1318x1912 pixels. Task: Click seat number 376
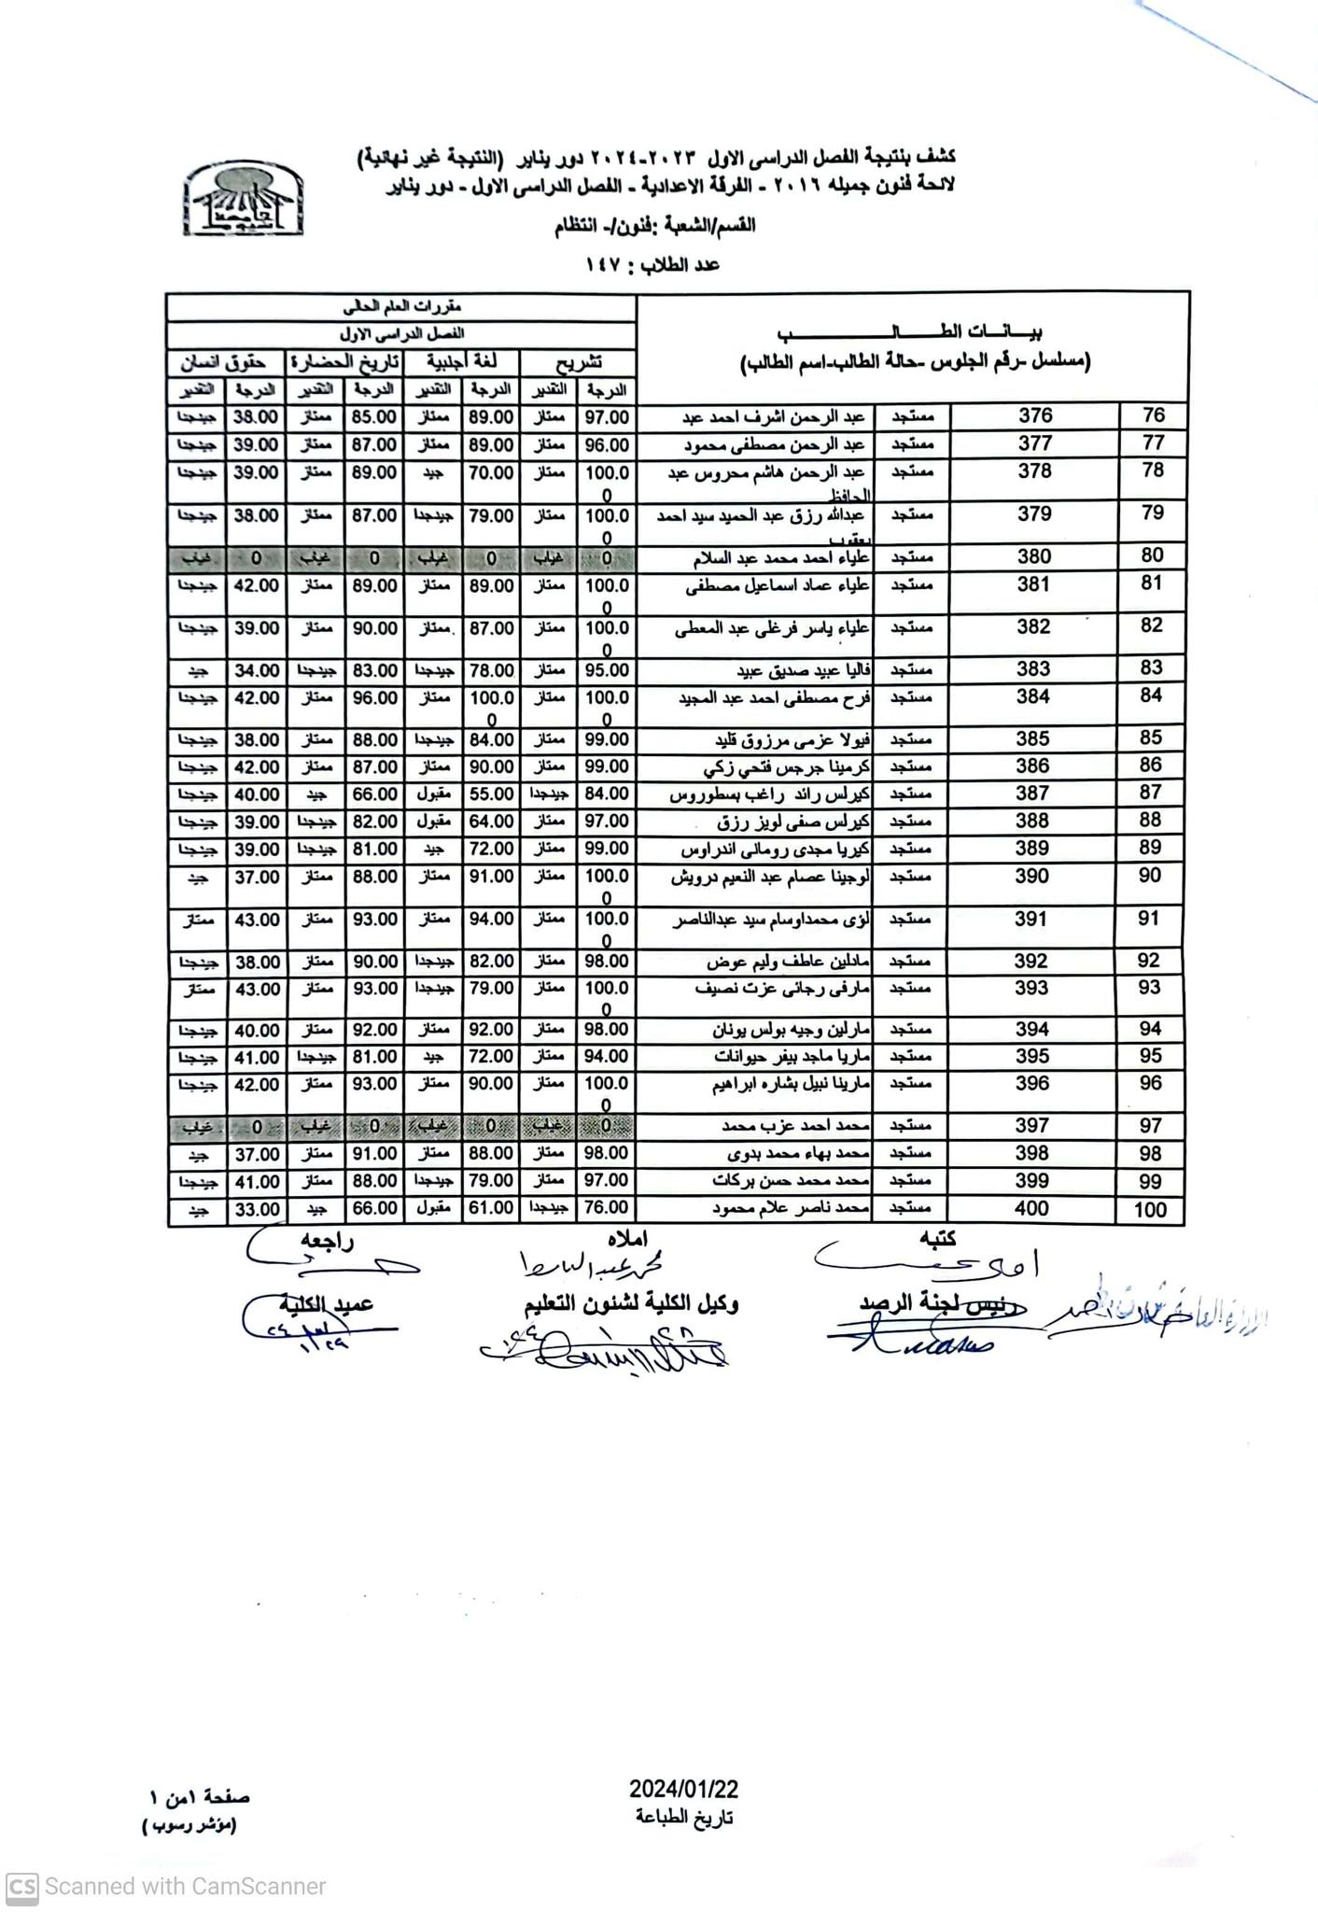point(1035,416)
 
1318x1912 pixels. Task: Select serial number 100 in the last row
point(1150,1211)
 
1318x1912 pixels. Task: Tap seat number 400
point(1031,1209)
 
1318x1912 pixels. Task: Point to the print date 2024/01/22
point(683,1789)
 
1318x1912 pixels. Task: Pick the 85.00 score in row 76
point(373,418)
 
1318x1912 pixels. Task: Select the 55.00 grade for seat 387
point(491,794)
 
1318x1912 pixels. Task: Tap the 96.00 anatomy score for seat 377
point(607,445)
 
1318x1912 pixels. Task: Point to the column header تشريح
point(579,362)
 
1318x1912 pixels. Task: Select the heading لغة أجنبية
point(462,362)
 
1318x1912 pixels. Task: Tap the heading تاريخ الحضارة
point(343,362)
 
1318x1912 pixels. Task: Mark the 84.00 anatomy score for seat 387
point(607,794)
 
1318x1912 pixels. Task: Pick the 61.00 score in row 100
point(491,1209)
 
